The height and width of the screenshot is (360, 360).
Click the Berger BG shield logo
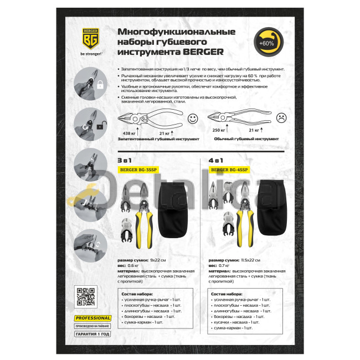pos(90,39)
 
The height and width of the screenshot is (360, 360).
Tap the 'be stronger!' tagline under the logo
pos(90,54)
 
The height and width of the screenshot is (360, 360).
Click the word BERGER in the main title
pos(204,52)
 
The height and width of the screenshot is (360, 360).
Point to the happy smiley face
pos(192,118)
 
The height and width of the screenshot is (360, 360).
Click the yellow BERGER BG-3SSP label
pos(138,171)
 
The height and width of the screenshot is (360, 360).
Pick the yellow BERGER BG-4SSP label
pos(229,170)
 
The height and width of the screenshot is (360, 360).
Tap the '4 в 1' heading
pos(215,160)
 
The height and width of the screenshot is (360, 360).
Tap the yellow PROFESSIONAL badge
pos(92,318)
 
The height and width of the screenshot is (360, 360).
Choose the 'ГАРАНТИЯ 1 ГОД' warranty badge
pos(92,333)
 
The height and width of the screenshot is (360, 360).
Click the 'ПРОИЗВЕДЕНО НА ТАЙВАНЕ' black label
pos(92,326)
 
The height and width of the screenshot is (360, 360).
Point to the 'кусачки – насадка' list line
pos(235,322)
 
